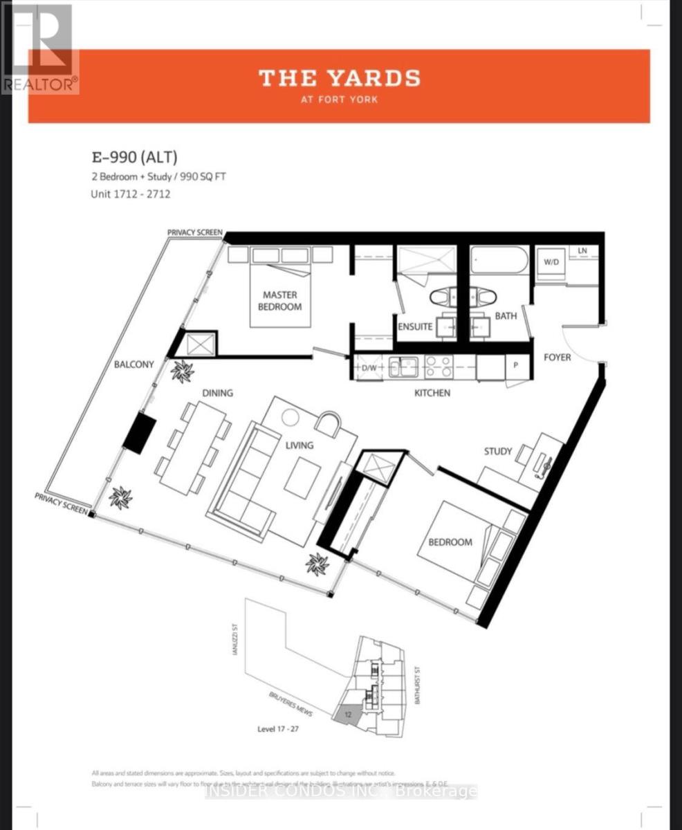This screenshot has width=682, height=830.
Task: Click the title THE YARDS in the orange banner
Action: pyautogui.click(x=339, y=78)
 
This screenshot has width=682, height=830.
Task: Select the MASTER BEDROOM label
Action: pyautogui.click(x=280, y=300)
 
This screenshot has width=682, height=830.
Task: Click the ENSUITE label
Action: pyautogui.click(x=415, y=326)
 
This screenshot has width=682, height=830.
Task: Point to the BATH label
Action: pyautogui.click(x=506, y=316)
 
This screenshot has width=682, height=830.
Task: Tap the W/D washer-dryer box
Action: pyautogui.click(x=551, y=263)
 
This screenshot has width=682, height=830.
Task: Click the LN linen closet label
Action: pyautogui.click(x=583, y=250)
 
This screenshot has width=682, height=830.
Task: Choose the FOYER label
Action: pyautogui.click(x=557, y=357)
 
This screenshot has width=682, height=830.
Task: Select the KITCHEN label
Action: pyautogui.click(x=432, y=393)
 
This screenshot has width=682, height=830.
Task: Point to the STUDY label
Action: pyautogui.click(x=498, y=452)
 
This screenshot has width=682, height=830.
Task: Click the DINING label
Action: pyautogui.click(x=217, y=393)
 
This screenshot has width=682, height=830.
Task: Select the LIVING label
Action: pyautogui.click(x=299, y=445)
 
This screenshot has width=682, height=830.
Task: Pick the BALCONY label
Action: pyautogui.click(x=135, y=364)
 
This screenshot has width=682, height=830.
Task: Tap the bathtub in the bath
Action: pyautogui.click(x=499, y=262)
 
